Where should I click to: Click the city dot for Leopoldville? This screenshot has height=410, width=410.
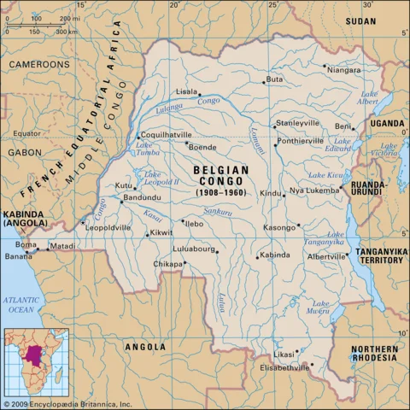[x=83, y=222]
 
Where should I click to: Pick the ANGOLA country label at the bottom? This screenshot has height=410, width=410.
[x=145, y=348]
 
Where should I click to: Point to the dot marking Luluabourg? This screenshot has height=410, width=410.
[x=217, y=252]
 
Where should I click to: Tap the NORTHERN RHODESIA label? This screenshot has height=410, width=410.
[x=374, y=354]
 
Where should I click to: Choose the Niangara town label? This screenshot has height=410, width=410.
[x=343, y=69]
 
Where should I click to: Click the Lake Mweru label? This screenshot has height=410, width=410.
[x=321, y=307]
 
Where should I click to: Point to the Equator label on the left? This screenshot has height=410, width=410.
[x=26, y=133]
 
